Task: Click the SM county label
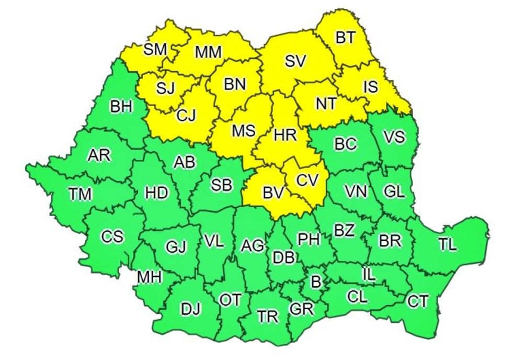(x=155, y=49)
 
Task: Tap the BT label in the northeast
(x=345, y=38)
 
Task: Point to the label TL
(x=447, y=244)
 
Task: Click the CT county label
(x=417, y=301)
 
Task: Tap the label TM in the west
(x=80, y=194)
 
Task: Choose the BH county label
(x=121, y=107)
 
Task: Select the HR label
(x=285, y=135)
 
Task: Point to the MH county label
(x=149, y=277)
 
